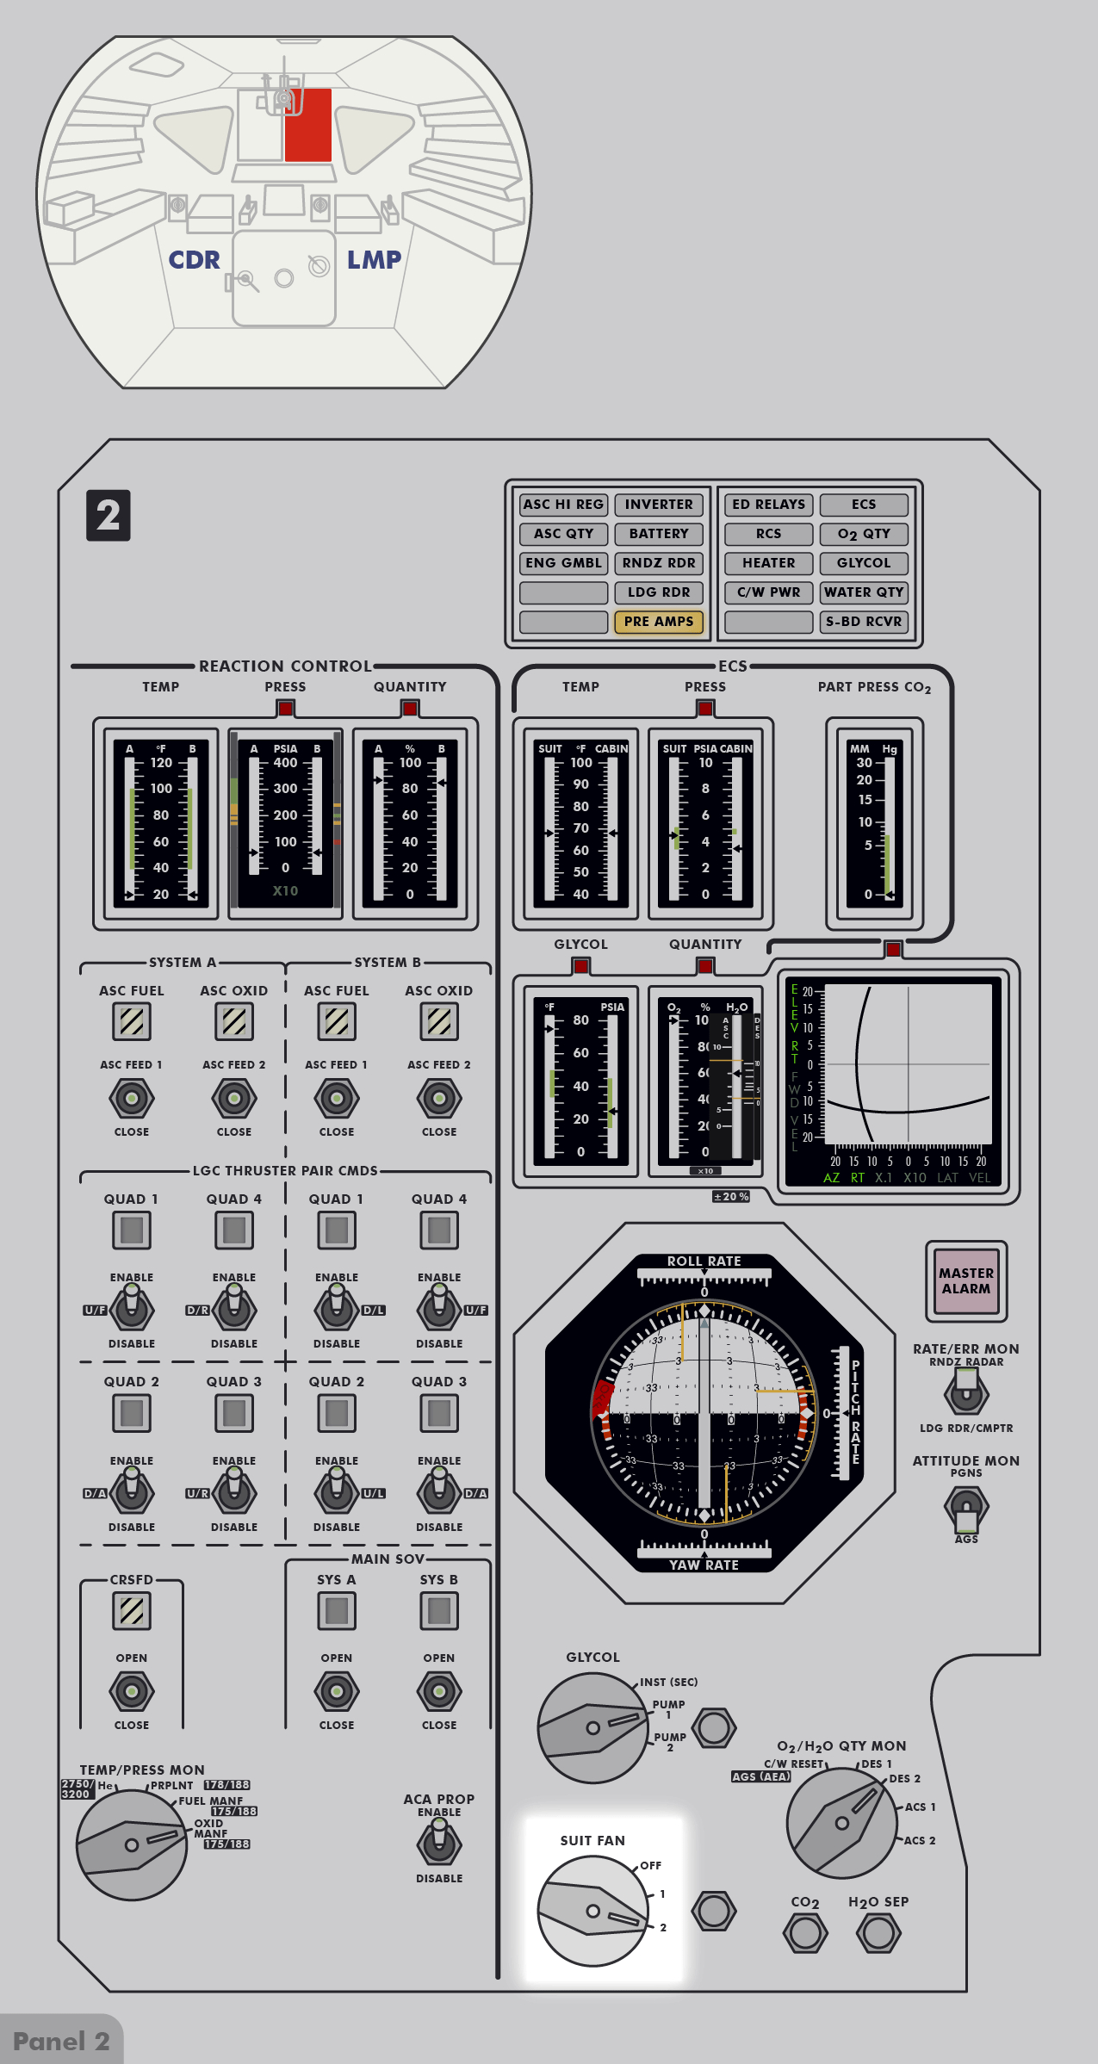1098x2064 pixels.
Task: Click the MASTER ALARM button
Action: point(966,1280)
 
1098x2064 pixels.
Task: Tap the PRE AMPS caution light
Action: point(659,622)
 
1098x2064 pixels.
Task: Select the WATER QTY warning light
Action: point(864,592)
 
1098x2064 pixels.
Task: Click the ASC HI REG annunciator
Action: point(563,505)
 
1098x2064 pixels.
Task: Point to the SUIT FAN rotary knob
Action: point(592,1911)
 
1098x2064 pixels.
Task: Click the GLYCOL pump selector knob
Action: point(592,1727)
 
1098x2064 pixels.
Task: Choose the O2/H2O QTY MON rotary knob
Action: point(841,1822)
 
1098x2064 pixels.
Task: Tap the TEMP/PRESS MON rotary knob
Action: point(132,1844)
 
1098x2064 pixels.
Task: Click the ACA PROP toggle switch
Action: point(439,1844)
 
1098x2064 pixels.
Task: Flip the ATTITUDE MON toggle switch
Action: point(966,1507)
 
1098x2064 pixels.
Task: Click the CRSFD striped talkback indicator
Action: point(132,1610)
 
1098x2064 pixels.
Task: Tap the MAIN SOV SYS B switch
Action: point(439,1691)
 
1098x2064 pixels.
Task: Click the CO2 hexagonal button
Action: point(805,1933)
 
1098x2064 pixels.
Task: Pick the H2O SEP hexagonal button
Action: point(878,1933)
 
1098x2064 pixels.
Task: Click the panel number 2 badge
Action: point(109,516)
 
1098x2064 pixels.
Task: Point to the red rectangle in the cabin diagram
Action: point(308,125)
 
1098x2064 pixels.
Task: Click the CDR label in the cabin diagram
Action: point(195,260)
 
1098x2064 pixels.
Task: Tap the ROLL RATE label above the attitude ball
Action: point(704,1261)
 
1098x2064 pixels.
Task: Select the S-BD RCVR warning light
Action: point(864,622)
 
